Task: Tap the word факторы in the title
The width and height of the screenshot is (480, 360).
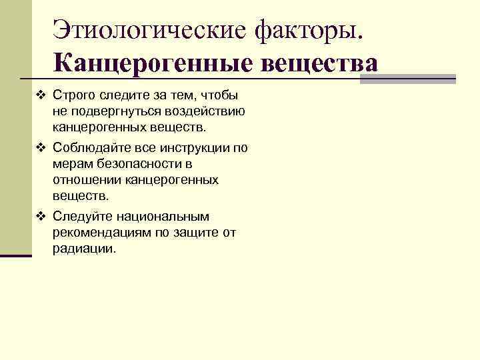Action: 309,30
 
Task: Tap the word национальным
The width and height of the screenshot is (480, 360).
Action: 160,217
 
